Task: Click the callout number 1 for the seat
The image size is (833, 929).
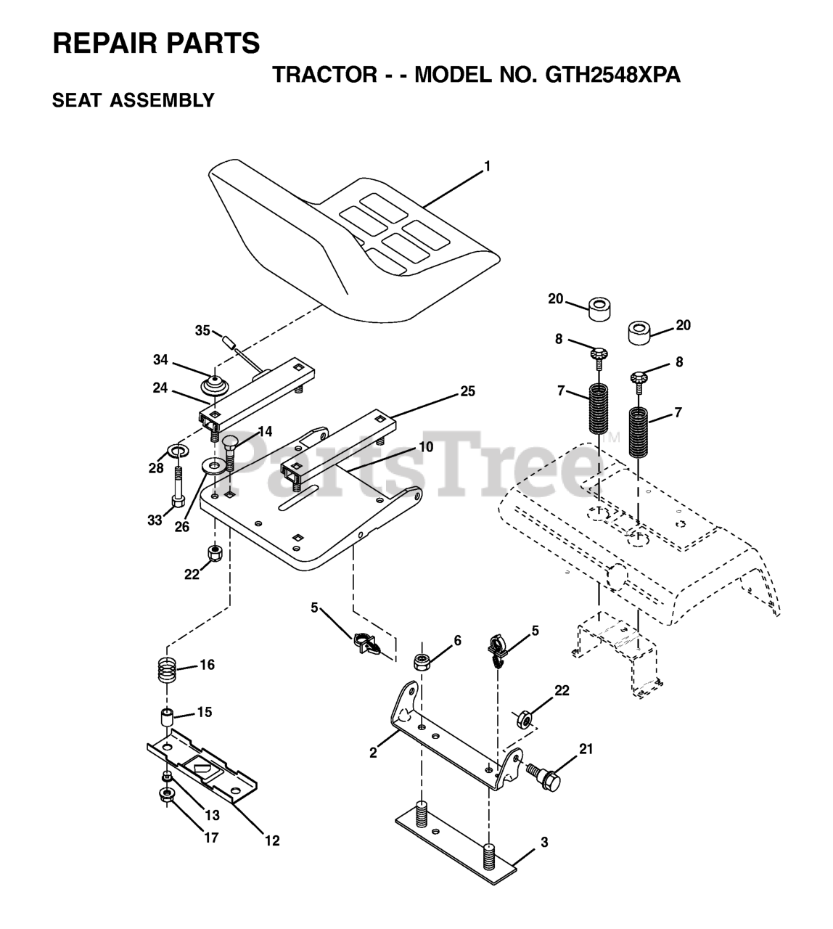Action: pyautogui.click(x=488, y=166)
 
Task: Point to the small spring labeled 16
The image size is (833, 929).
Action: pyautogui.click(x=168, y=668)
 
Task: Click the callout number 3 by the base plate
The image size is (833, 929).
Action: pyautogui.click(x=544, y=843)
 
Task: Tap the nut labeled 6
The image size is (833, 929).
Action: pyautogui.click(x=422, y=662)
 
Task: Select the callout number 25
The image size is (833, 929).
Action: pyautogui.click(x=468, y=392)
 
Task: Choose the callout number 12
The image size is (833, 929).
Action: pyautogui.click(x=271, y=841)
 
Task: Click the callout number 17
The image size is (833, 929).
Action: pyautogui.click(x=210, y=838)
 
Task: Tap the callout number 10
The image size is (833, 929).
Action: pyautogui.click(x=425, y=447)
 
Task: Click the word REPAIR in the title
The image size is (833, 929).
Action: pyautogui.click(x=99, y=44)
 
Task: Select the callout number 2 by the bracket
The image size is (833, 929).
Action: pyautogui.click(x=373, y=753)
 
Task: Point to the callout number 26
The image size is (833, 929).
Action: pyautogui.click(x=181, y=527)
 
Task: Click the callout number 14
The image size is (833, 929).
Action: pyautogui.click(x=264, y=432)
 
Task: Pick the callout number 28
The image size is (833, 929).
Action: pyautogui.click(x=157, y=468)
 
